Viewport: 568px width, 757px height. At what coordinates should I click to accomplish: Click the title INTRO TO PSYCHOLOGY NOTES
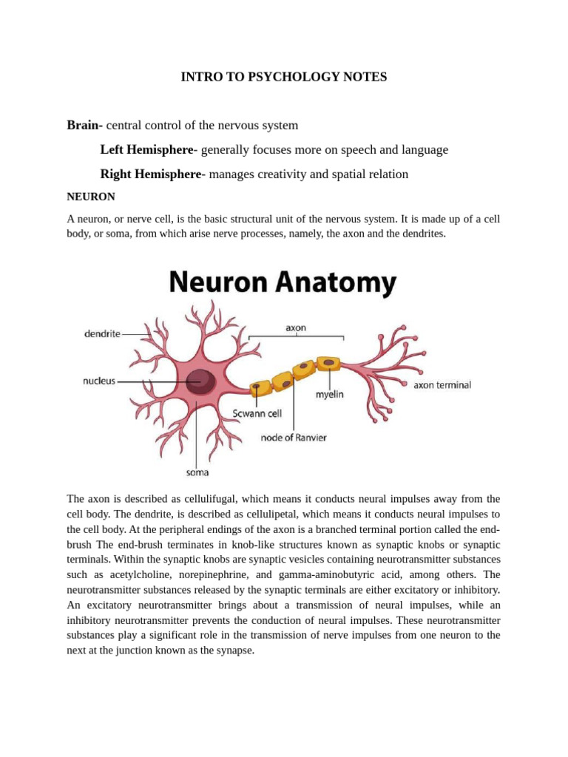coord(284,77)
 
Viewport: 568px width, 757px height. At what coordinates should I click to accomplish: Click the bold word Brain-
coord(85,125)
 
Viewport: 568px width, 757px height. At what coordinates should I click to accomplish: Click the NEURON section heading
coord(90,197)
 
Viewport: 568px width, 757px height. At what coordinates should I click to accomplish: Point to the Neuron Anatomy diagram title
coord(283,282)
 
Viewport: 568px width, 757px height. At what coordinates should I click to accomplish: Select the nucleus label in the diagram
coord(99,381)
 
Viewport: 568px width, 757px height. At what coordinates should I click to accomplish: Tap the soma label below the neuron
coord(197,472)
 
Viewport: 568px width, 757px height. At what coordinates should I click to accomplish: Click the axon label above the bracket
coord(296,327)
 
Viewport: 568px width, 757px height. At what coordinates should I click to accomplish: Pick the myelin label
coord(329,394)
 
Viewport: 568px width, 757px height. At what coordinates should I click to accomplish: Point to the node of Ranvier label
coord(294,438)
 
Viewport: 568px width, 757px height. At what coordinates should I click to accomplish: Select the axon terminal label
coord(442,384)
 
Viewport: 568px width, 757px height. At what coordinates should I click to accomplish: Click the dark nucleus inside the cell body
coord(200,381)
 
